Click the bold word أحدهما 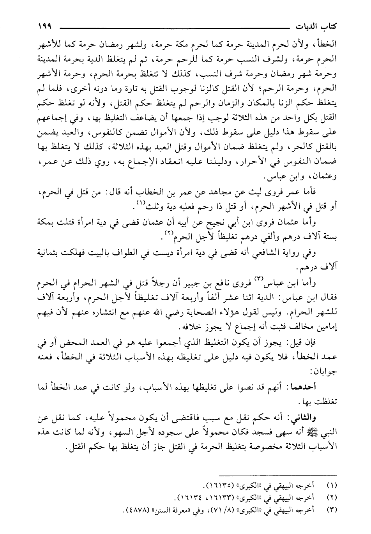click(309, 385)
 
